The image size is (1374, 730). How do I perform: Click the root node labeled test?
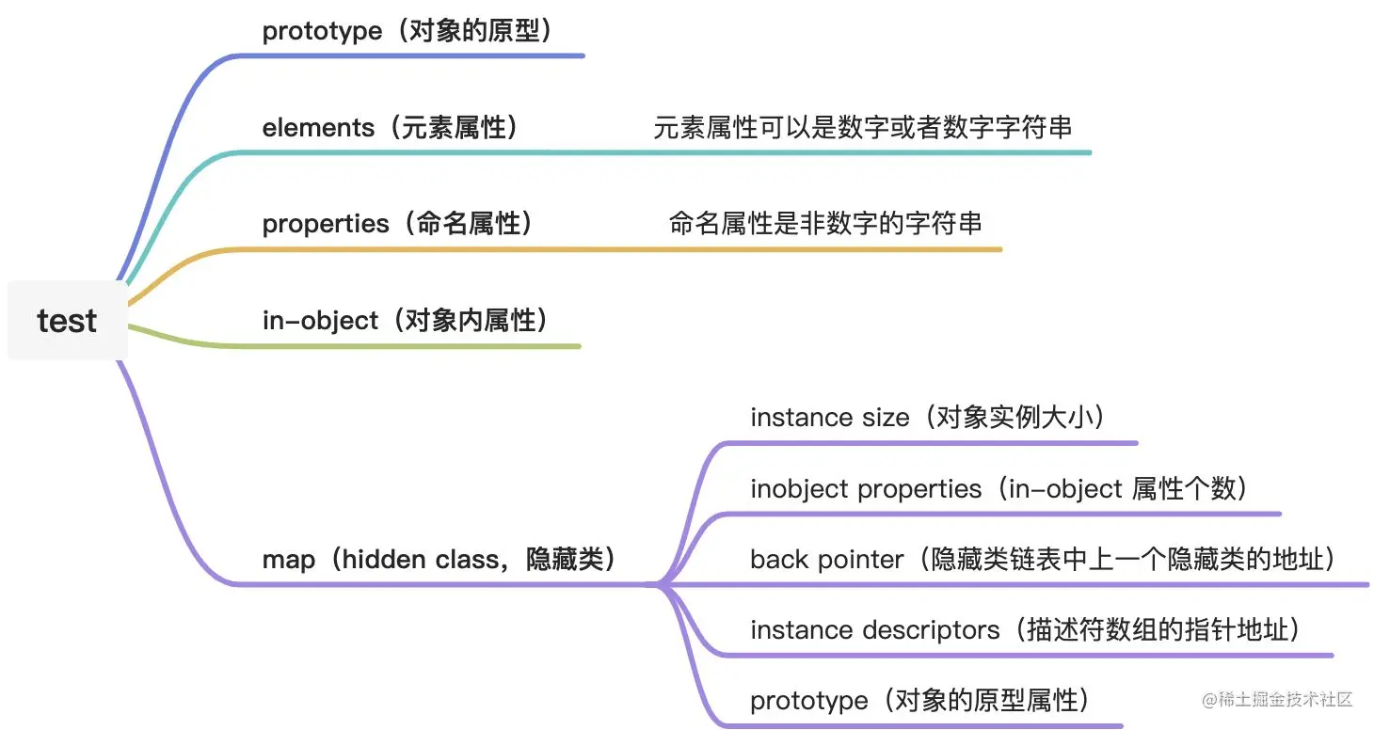coord(67,321)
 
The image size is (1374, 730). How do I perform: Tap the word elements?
coord(318,128)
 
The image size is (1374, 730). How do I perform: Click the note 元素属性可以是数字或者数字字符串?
coord(862,128)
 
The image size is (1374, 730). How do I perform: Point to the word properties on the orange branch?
coord(325,224)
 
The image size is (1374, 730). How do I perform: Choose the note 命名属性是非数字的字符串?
coord(825,223)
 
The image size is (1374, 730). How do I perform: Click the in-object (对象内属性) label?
coord(405,321)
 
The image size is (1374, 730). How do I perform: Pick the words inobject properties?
coord(866,489)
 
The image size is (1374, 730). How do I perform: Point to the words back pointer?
coord(826,560)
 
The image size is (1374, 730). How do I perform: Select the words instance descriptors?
coord(874,630)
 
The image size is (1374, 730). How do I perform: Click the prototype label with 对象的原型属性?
coord(919,701)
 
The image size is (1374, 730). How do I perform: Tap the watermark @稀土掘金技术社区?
coord(1277,699)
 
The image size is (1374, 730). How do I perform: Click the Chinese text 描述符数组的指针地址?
coord(1158,630)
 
